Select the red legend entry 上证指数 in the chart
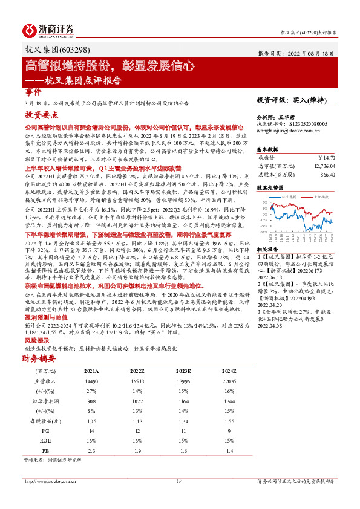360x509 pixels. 321,197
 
